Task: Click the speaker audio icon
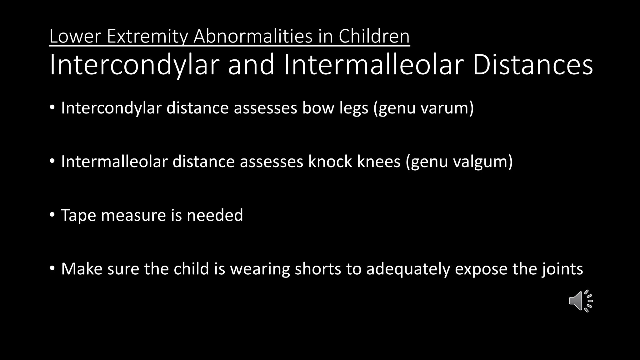(x=581, y=301)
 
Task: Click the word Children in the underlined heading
(x=374, y=36)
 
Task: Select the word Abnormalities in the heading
(x=253, y=36)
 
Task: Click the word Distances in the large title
(x=533, y=64)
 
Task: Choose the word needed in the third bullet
(x=215, y=215)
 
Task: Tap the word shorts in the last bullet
(x=318, y=269)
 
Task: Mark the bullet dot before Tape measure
(x=52, y=215)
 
